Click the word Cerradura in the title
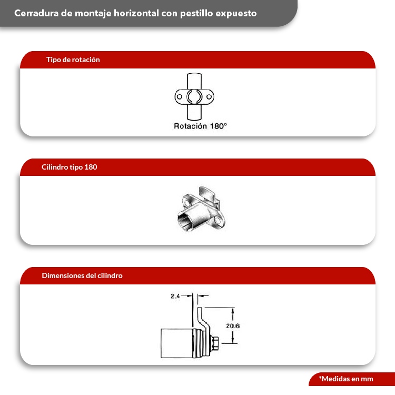click(36, 13)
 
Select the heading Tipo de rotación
click(73, 60)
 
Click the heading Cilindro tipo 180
click(70, 167)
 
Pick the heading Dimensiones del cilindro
click(82, 275)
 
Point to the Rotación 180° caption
click(200, 126)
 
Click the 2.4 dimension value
click(175, 296)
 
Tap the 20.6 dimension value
click(233, 325)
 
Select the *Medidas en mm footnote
click(346, 379)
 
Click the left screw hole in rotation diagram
click(180, 96)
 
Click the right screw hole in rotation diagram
click(209, 96)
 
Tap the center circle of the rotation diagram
click(194, 96)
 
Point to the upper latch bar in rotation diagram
click(194, 81)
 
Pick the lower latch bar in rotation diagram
click(194, 112)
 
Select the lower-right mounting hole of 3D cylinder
click(218, 221)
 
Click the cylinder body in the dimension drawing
click(176, 343)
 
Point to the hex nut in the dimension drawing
click(214, 343)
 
